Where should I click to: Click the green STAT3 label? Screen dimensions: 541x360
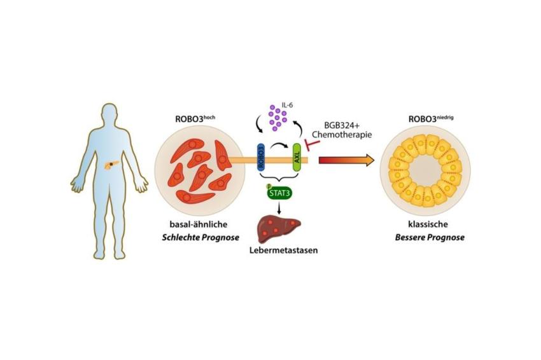click(x=280, y=193)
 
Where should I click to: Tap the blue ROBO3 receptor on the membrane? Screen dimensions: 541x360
click(x=261, y=157)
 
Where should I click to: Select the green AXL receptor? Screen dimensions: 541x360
click(x=297, y=157)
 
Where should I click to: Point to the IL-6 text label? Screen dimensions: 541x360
click(x=287, y=105)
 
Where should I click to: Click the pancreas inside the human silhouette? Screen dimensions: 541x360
click(x=111, y=165)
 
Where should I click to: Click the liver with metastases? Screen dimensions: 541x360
click(x=279, y=229)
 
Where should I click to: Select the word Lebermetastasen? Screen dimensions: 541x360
click(x=283, y=251)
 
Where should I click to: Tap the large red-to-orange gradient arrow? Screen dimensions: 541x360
click(x=346, y=160)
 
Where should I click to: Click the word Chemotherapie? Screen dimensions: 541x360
click(x=342, y=134)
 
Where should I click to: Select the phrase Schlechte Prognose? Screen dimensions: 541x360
click(x=200, y=238)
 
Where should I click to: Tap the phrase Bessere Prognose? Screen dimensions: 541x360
click(x=430, y=238)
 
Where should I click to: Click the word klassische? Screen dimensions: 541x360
click(x=428, y=225)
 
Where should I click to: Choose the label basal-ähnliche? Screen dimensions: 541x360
click(x=199, y=225)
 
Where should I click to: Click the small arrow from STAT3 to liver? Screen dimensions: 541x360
click(x=279, y=207)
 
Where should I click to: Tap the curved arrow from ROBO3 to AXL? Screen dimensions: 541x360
click(x=279, y=146)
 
